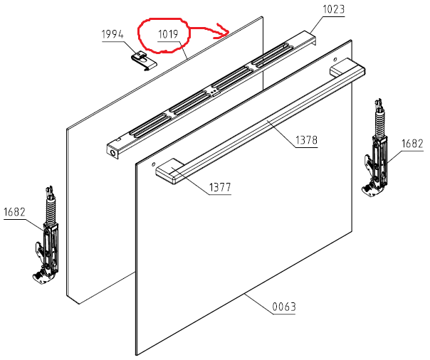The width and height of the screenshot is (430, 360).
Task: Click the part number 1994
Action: click(112, 35)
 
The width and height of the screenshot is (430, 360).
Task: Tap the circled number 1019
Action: click(168, 35)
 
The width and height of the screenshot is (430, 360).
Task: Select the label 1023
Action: click(333, 9)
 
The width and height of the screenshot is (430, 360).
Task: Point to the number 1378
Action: click(306, 140)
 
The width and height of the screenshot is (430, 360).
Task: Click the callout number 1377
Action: click(220, 187)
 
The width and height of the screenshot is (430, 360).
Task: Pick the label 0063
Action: click(284, 307)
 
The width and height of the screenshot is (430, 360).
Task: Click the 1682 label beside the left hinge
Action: click(14, 212)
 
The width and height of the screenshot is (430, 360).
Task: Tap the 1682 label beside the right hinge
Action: click(412, 144)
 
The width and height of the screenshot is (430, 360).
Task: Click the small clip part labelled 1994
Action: click(144, 60)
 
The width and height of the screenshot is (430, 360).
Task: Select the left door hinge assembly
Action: click(46, 235)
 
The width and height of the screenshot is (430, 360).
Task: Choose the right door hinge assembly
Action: click(376, 148)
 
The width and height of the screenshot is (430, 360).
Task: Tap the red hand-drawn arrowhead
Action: click(224, 31)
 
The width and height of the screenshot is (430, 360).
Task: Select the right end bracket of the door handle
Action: click(347, 69)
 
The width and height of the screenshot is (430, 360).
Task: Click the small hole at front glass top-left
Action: click(154, 164)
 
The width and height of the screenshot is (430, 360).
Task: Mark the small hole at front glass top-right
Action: click(335, 60)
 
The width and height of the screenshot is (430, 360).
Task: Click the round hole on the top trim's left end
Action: click(112, 152)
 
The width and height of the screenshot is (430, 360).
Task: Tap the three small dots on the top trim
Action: click(213, 92)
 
